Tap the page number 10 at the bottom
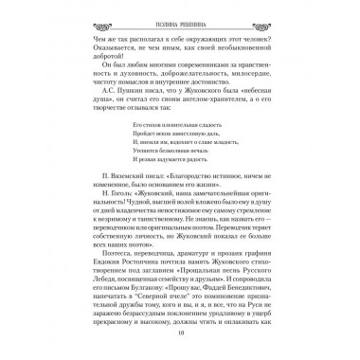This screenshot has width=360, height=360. (x=180, y=345)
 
